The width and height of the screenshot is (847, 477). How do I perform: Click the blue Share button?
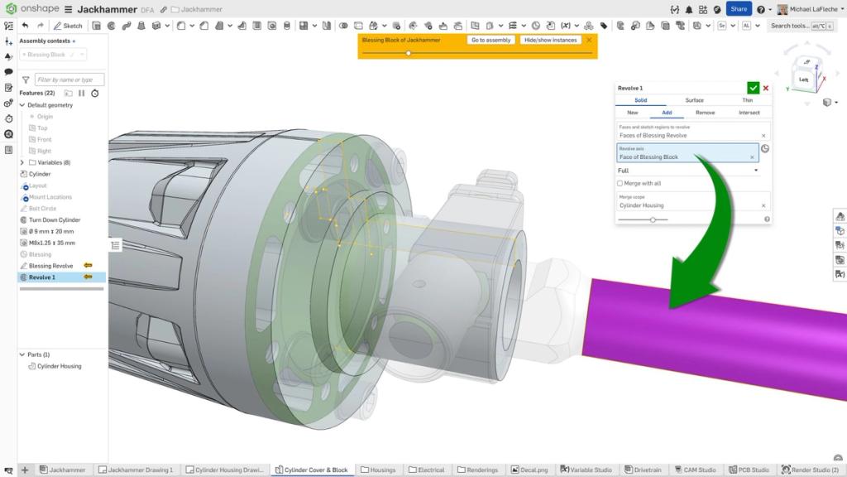[x=739, y=9]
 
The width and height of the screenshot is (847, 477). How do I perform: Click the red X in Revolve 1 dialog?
[x=765, y=88]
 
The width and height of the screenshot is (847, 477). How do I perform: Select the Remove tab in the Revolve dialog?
[x=705, y=113]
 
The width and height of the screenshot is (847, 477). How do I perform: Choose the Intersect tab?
[x=749, y=113]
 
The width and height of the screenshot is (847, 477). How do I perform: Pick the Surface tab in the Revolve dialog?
[x=694, y=100]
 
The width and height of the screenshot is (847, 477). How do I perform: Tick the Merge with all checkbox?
[x=620, y=184]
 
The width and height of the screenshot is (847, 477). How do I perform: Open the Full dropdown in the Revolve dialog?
[x=688, y=171]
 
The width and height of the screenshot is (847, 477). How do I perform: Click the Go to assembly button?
[x=491, y=40]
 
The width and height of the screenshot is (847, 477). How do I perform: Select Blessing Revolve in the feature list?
[x=51, y=266]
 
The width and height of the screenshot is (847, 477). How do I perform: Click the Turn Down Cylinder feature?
[x=55, y=220]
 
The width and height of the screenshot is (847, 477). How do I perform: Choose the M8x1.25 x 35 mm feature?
[x=51, y=243]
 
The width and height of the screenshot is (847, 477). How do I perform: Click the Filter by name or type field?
[x=69, y=79]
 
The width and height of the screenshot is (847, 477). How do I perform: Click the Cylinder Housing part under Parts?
[x=59, y=366]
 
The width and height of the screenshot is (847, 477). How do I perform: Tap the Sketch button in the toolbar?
[x=68, y=26]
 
